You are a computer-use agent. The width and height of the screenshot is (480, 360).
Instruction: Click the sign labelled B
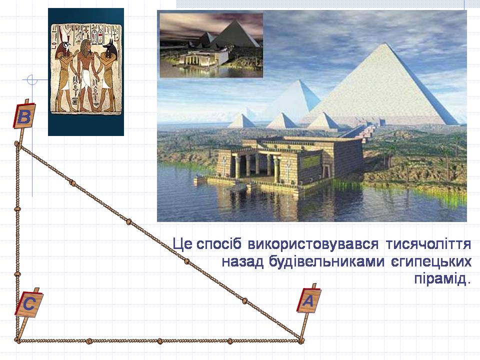[24, 116]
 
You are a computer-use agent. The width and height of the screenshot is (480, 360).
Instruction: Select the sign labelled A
[308, 300]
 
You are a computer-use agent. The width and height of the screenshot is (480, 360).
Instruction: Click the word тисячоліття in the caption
[428, 244]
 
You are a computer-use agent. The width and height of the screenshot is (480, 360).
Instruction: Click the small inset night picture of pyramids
[211, 44]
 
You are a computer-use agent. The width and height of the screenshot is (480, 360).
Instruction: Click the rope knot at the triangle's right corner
[301, 340]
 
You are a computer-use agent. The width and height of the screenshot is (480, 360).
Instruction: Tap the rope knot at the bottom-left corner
[17, 339]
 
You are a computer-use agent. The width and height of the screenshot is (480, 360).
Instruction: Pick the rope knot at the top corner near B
[17, 143]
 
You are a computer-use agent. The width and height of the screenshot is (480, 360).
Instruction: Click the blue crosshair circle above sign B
[31, 80]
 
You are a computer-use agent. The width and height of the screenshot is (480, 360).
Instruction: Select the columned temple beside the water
[289, 164]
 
